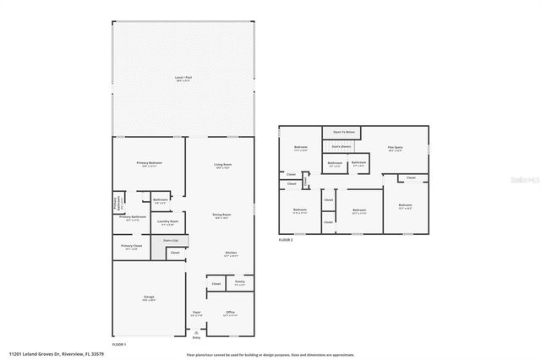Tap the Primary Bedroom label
pyautogui.click(x=150, y=162)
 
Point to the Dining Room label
pyautogui.click(x=221, y=215)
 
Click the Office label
pyautogui.click(x=230, y=312)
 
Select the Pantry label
pyautogui.click(x=240, y=282)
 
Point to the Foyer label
pyautogui.click(x=197, y=312)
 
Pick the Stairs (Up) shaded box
pyautogui.click(x=176, y=241)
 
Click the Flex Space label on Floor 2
pyautogui.click(x=395, y=148)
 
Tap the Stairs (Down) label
pyautogui.click(x=340, y=146)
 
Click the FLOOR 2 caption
pyautogui.click(x=286, y=240)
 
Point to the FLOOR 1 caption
pyautogui.click(x=119, y=344)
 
